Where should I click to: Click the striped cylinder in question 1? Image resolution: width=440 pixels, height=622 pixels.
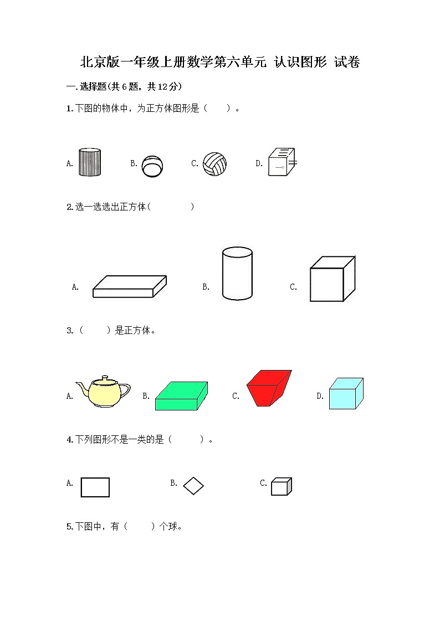pyautogui.click(x=90, y=162)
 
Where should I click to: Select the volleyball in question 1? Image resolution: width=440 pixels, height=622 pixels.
pyautogui.click(x=214, y=164)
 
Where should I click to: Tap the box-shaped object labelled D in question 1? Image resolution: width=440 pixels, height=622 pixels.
pyautogui.click(x=282, y=162)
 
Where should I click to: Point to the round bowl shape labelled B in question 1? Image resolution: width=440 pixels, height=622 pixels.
pyautogui.click(x=152, y=166)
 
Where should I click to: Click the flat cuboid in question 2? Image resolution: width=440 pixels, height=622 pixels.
pyautogui.click(x=129, y=286)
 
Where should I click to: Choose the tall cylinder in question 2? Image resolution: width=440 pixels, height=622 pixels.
pyautogui.click(x=237, y=273)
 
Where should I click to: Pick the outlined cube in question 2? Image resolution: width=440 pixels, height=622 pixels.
pyautogui.click(x=332, y=279)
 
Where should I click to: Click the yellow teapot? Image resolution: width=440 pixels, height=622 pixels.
pyautogui.click(x=103, y=391)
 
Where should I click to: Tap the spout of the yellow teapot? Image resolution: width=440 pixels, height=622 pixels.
pyautogui.click(x=81, y=388)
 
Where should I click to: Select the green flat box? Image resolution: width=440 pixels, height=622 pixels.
pyautogui.click(x=181, y=396)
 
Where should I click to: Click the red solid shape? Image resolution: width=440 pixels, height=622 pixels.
pyautogui.click(x=269, y=388)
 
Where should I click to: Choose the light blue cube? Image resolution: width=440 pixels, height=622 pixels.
pyautogui.click(x=346, y=393)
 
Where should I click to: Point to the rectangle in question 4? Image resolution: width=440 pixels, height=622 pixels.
pyautogui.click(x=95, y=487)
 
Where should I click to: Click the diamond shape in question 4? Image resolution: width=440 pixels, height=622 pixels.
pyautogui.click(x=193, y=486)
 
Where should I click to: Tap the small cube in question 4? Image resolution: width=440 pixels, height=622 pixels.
pyautogui.click(x=282, y=486)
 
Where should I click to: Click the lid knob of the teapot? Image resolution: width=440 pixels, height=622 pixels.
pyautogui.click(x=105, y=377)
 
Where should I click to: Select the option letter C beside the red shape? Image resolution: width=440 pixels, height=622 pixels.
pyautogui.click(x=236, y=396)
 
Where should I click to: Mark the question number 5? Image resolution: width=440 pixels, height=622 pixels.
pyautogui.click(x=69, y=527)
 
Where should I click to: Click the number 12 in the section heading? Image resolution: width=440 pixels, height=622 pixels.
pyautogui.click(x=163, y=87)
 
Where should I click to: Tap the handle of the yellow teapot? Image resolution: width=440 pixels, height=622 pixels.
pyautogui.click(x=125, y=390)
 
